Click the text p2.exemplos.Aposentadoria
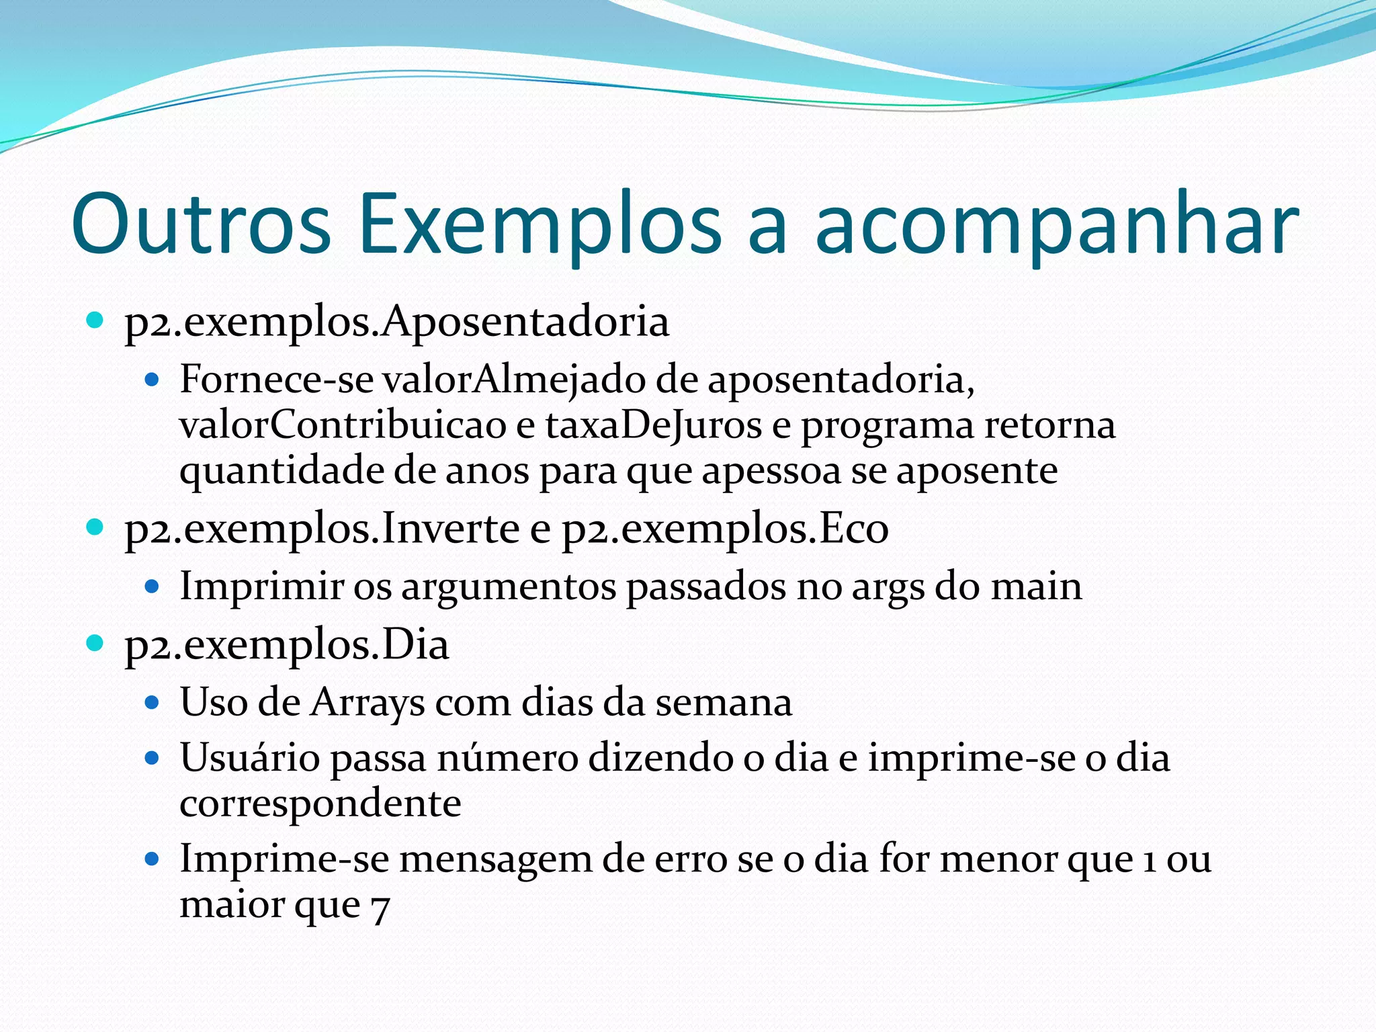coord(396,322)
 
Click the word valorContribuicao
coord(343,425)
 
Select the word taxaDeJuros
coord(653,425)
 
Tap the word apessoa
coord(771,470)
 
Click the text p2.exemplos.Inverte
coord(322,529)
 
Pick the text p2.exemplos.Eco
coord(725,529)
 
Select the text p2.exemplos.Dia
coord(287,645)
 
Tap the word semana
coord(724,703)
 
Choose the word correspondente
coord(320,804)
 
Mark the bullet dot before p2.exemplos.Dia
coord(95,643)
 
